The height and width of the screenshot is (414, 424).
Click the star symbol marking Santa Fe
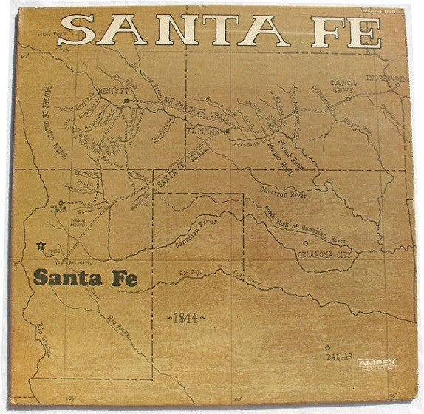click(x=40, y=247)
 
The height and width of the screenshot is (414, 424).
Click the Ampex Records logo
click(x=377, y=363)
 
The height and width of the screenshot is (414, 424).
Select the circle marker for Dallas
click(x=328, y=347)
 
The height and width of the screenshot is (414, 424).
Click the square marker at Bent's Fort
click(x=126, y=99)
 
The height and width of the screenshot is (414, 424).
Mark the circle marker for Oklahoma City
click(x=304, y=243)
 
